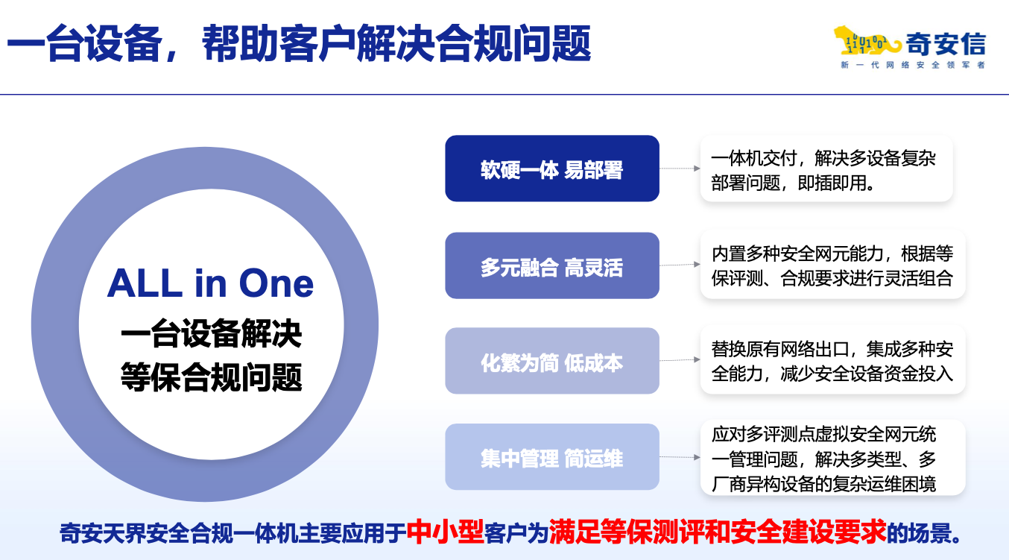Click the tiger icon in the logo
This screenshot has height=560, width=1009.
tap(867, 42)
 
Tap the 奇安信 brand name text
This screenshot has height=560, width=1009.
tap(946, 44)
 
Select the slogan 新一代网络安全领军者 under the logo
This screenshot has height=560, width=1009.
tap(913, 65)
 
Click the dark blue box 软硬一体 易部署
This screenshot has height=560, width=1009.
tap(552, 169)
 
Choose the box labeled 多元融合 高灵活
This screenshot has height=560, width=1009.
tap(552, 265)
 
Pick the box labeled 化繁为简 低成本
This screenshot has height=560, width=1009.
tap(552, 361)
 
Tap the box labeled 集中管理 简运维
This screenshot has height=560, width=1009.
tap(552, 457)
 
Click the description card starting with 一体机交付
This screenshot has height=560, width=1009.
tap(826, 169)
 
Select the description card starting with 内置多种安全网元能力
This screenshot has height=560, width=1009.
tap(833, 265)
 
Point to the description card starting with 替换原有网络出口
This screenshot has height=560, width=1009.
tap(833, 360)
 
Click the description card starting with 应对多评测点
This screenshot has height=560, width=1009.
tap(833, 458)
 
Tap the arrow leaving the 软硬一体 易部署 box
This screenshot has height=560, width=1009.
tap(680, 169)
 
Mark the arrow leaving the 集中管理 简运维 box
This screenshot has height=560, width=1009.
tap(680, 457)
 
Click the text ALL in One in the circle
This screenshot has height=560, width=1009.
tap(210, 283)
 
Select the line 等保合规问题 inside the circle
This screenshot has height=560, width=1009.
tap(211, 377)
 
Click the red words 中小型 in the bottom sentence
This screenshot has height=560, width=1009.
tap(445, 532)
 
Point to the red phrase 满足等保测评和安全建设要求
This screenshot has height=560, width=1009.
tap(718, 532)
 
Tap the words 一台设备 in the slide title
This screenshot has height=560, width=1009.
tap(84, 43)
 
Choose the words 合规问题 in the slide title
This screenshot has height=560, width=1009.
tap(513, 43)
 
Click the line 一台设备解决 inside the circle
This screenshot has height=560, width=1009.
tap(211, 333)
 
